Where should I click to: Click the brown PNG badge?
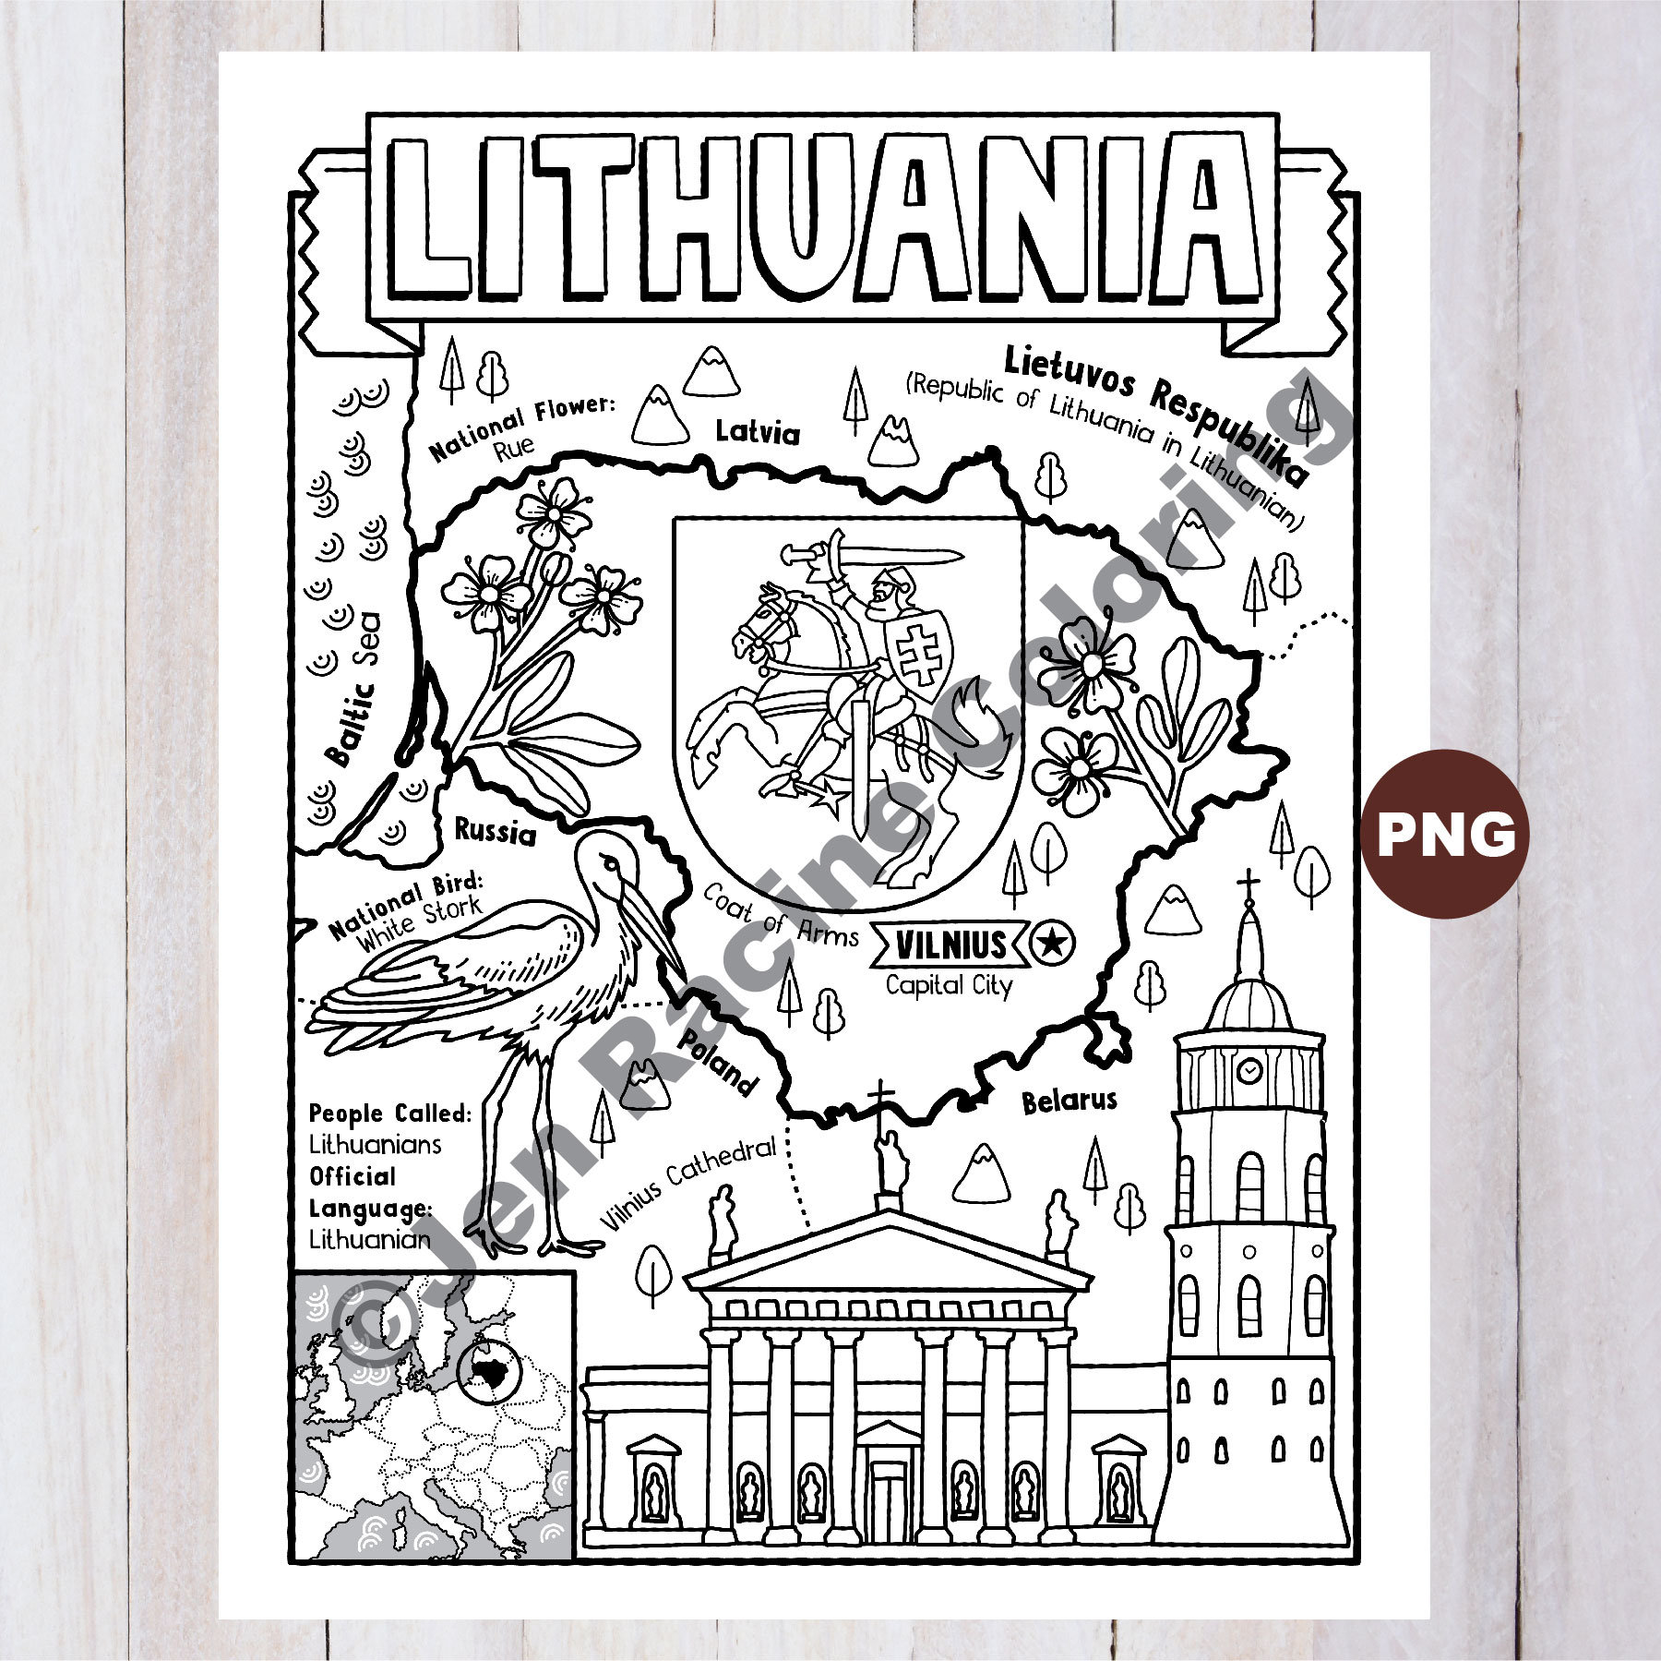[x=1445, y=833]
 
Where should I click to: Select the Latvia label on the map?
[x=758, y=431]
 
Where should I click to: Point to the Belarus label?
[x=1069, y=1100]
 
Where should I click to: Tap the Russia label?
[x=495, y=832]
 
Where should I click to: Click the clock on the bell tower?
[x=1250, y=1071]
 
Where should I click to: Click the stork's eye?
[x=609, y=862]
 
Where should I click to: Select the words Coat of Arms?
[x=780, y=915]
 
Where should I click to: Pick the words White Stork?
[x=420, y=923]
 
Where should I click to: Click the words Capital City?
[x=949, y=985]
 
